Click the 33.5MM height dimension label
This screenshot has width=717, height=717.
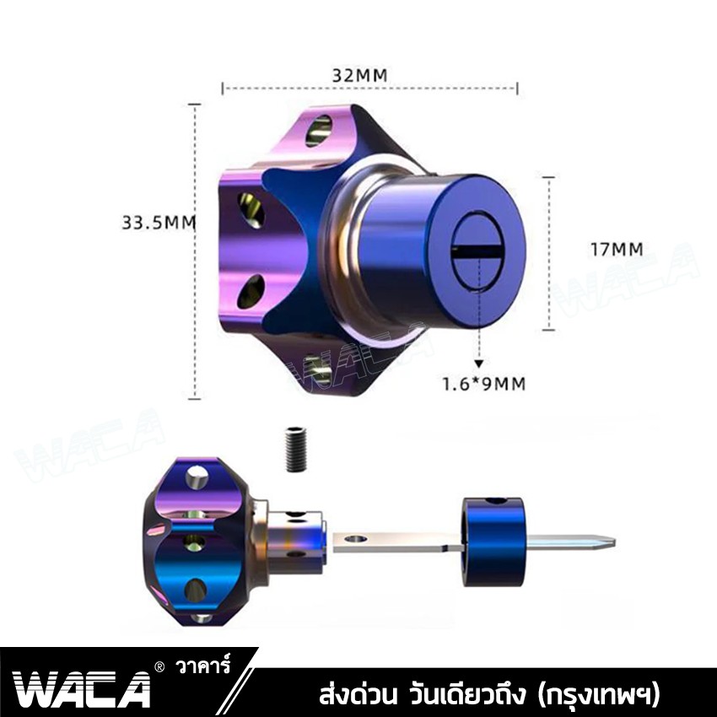[x=159, y=223]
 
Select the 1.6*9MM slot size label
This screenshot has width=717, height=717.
[x=484, y=384]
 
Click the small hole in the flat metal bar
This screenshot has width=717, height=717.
[x=360, y=536]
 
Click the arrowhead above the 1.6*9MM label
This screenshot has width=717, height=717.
[x=479, y=363]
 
